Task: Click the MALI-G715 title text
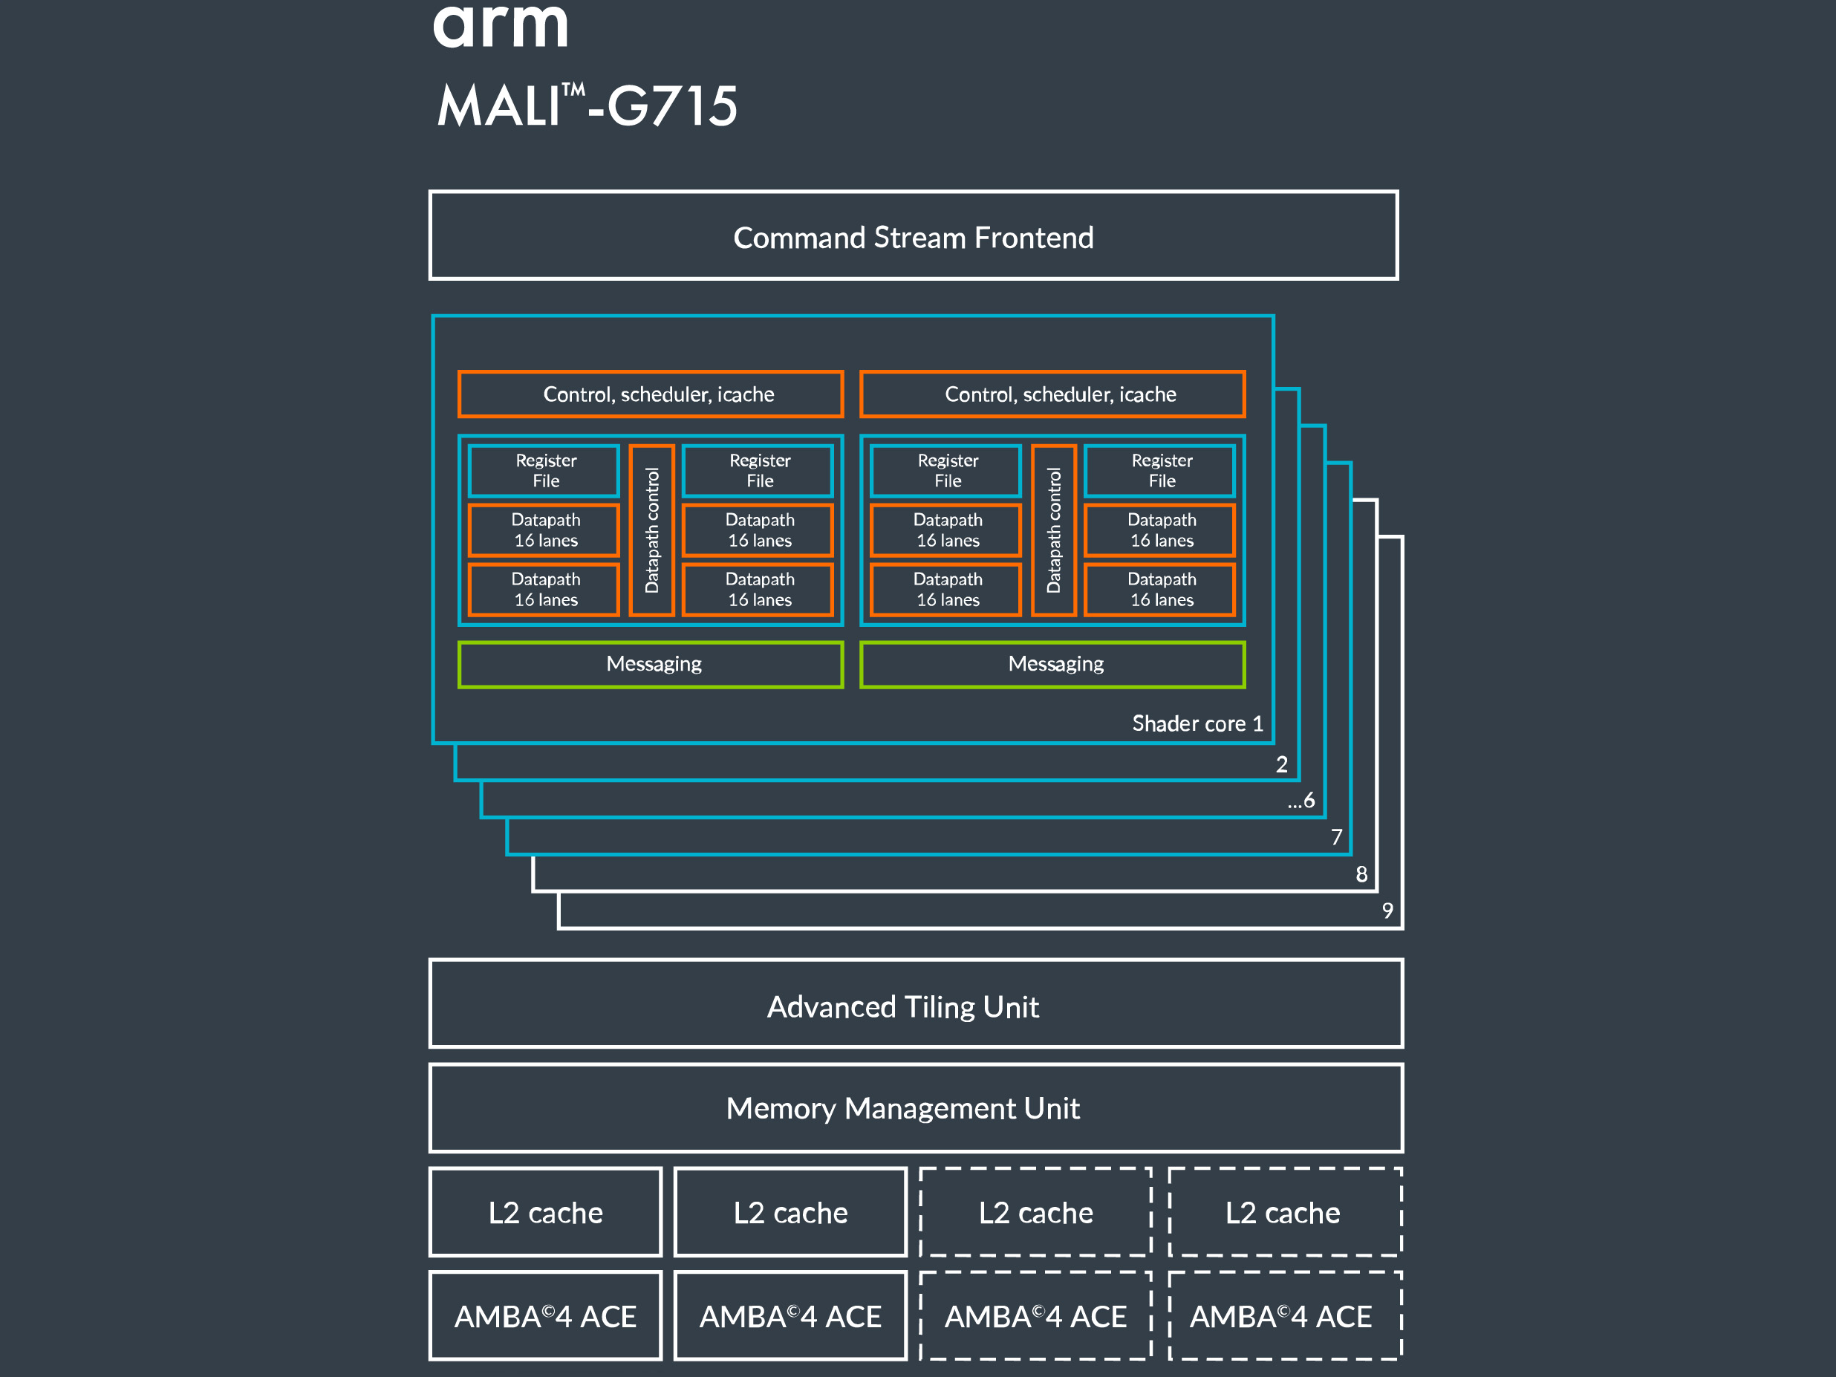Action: click(x=587, y=105)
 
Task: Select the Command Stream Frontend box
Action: click(x=913, y=236)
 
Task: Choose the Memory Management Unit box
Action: click(x=916, y=1108)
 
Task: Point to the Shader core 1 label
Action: click(x=1197, y=723)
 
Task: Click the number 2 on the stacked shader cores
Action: click(x=1281, y=764)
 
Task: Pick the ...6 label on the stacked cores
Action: click(x=1301, y=800)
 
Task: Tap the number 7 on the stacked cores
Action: click(x=1336, y=836)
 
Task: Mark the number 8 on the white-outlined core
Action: click(x=1361, y=874)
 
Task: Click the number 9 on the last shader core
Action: click(x=1387, y=911)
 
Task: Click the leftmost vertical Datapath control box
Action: click(x=651, y=530)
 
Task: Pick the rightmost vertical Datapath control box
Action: click(x=1053, y=530)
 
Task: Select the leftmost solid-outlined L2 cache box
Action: click(x=545, y=1213)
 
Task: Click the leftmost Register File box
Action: click(x=544, y=471)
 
